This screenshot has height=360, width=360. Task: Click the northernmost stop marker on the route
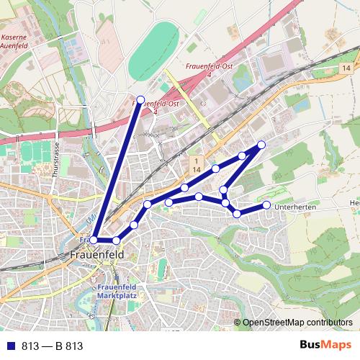(x=140, y=99)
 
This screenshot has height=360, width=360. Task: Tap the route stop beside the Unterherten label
(x=266, y=205)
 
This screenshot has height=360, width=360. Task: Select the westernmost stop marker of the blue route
(x=94, y=240)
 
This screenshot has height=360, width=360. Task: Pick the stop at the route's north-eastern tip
(x=261, y=145)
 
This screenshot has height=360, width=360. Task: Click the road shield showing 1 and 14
(x=195, y=163)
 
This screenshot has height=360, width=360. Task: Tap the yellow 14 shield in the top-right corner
(x=346, y=67)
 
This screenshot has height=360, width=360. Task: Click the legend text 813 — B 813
(x=53, y=346)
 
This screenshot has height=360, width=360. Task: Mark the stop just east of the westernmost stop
(x=116, y=240)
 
